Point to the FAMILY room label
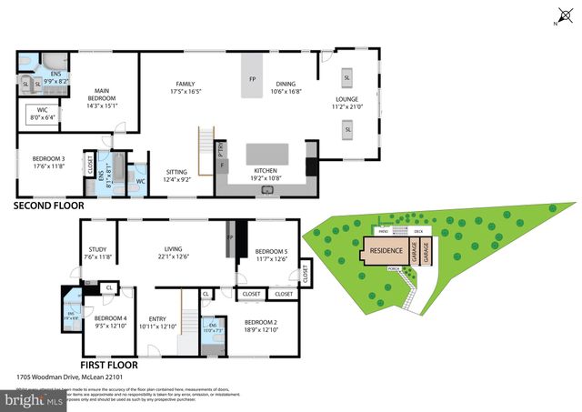click(186, 86)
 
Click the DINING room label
click(285, 86)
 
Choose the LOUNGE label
click(347, 102)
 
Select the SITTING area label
click(176, 175)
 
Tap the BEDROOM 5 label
click(270, 256)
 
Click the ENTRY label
click(158, 321)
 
